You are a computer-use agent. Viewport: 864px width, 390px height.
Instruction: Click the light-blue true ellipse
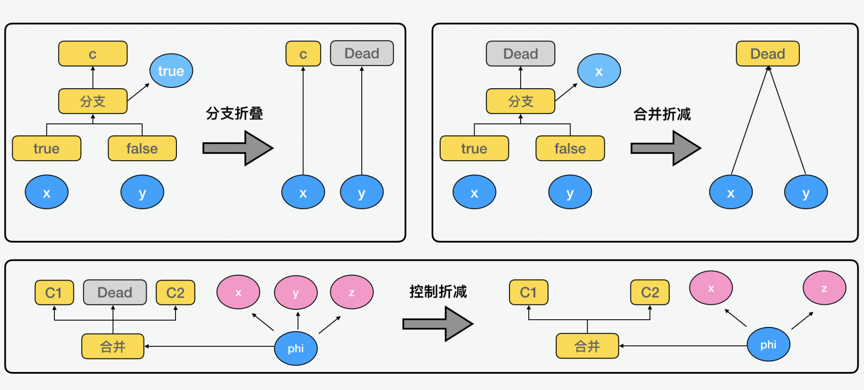pos(171,71)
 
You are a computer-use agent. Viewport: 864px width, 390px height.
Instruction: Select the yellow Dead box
pos(767,54)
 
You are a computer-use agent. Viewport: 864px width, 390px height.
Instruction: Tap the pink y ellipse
pos(296,293)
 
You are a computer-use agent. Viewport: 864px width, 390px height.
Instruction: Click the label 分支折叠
pos(234,113)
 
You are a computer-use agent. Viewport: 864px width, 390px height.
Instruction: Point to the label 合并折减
pos(662,114)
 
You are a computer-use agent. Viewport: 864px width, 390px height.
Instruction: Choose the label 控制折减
pos(438,292)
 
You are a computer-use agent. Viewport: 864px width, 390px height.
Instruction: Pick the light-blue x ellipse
pos(598,71)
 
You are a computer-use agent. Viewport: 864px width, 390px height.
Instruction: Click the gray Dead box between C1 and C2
pos(115,293)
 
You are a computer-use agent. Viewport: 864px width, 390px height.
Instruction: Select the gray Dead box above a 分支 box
pos(520,54)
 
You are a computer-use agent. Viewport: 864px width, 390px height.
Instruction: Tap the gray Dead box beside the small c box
pos(362,54)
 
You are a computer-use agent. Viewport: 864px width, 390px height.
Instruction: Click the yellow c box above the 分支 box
pos(93,54)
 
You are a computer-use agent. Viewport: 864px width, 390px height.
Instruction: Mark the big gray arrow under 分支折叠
pos(238,148)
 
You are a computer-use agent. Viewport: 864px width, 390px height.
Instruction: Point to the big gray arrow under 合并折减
pos(666,148)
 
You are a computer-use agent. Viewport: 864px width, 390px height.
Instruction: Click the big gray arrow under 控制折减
pos(437,324)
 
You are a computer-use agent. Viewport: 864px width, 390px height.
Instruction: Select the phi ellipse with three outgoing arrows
pos(296,348)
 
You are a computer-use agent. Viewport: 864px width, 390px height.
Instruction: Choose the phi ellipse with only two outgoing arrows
pos(768,345)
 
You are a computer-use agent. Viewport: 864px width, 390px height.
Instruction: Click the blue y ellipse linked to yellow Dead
pos(805,193)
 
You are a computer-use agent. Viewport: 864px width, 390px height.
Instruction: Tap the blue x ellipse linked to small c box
pos(303,193)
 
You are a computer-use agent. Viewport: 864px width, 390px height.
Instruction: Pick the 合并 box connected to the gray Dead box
pos(112,346)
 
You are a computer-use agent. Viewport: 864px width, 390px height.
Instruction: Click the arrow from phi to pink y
pos(298,321)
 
